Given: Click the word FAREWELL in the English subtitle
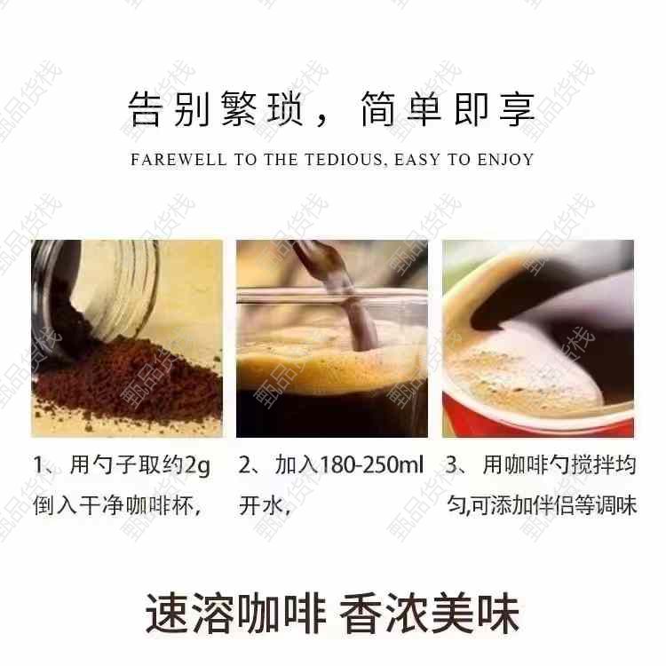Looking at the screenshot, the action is pyautogui.click(x=178, y=160).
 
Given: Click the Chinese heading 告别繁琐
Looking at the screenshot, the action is pyautogui.click(x=215, y=109).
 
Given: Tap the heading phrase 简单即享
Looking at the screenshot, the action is pyautogui.click(x=448, y=109).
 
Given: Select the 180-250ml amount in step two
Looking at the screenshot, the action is pyautogui.click(x=371, y=464).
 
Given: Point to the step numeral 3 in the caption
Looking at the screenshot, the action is pyautogui.click(x=450, y=464).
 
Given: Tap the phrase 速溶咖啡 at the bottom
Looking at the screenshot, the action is pyautogui.click(x=235, y=614).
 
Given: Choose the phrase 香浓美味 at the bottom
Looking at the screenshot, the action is pyautogui.click(x=430, y=614).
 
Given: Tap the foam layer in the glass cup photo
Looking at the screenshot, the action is pyautogui.click(x=332, y=365).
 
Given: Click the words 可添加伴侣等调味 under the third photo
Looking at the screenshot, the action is pyautogui.click(x=554, y=506).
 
